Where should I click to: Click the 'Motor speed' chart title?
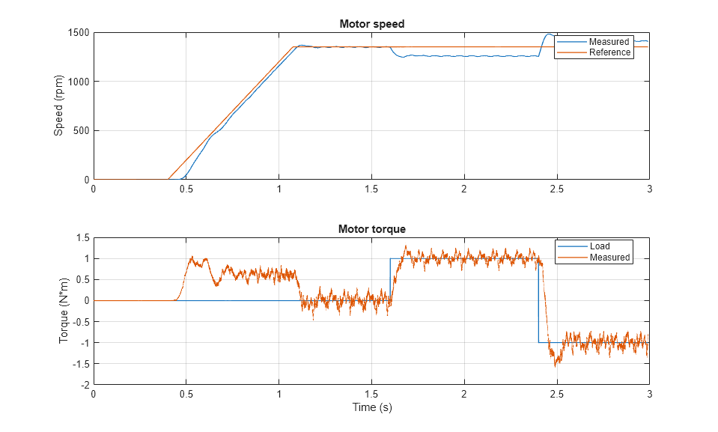[x=371, y=24]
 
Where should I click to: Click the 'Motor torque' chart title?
[x=371, y=229]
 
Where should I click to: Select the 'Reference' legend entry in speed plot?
[x=609, y=52]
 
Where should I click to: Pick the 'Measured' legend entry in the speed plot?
[x=609, y=42]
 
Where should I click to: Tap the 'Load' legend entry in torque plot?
[x=599, y=246]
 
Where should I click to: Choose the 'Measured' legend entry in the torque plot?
[x=609, y=258]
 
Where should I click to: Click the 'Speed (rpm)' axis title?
[x=59, y=106]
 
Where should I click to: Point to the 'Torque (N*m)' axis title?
[x=64, y=311]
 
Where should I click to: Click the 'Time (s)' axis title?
[x=371, y=408]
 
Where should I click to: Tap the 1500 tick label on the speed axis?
[x=78, y=33]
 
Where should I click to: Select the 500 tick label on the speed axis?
[x=81, y=131]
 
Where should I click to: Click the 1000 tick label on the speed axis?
[x=78, y=82]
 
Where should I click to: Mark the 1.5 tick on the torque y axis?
[x=82, y=238]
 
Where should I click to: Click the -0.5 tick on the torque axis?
[x=81, y=322]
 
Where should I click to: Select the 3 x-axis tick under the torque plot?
[x=648, y=394]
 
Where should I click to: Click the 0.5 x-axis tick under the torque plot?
[x=186, y=394]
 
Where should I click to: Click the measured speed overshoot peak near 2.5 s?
[x=550, y=34]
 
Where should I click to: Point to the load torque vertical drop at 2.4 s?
[x=538, y=299]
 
